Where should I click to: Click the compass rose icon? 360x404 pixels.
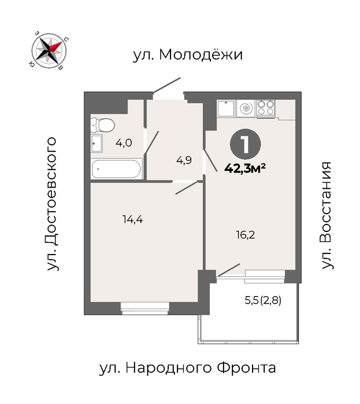point(49,51)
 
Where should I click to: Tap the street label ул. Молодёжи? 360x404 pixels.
point(188,55)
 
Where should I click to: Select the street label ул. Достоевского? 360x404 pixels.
point(51,204)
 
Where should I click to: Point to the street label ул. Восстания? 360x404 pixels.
point(326,215)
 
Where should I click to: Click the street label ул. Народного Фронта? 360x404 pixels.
point(187,368)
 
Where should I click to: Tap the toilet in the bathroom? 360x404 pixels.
point(103,125)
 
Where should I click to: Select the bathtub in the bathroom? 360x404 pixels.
point(117,169)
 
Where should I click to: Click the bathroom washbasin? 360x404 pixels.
point(97,143)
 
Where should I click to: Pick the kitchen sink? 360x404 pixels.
point(226,109)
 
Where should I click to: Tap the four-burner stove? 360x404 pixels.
point(266,108)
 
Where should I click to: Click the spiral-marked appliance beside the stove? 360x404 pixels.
point(246,109)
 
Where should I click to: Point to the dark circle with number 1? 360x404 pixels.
point(245,144)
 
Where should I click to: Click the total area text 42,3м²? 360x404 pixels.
point(245,169)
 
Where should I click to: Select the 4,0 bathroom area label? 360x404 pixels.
point(124,143)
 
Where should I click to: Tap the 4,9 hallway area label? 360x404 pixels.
point(184,160)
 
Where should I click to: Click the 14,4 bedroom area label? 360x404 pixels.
point(133,219)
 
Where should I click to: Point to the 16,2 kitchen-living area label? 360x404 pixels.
point(246,235)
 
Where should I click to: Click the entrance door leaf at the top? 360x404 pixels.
point(167,85)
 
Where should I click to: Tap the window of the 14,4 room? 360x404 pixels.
point(145,308)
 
